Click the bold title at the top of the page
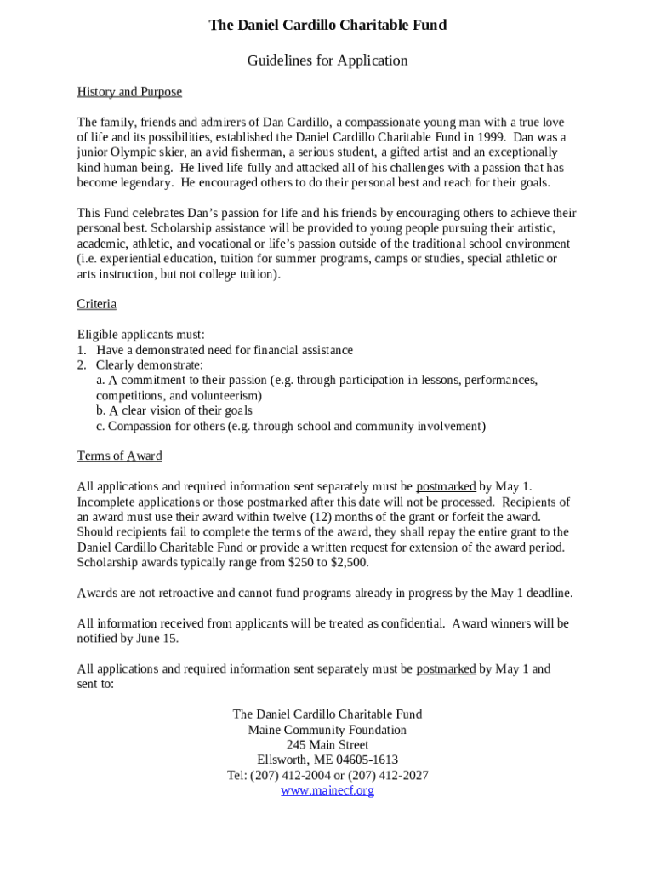pyautogui.click(x=327, y=26)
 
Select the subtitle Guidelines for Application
pyautogui.click(x=327, y=60)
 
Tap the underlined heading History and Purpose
pyautogui.click(x=129, y=92)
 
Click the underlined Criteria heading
pyautogui.click(x=96, y=304)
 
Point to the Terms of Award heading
pyautogui.click(x=119, y=456)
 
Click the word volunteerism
pyautogui.click(x=219, y=396)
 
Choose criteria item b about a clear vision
pyautogui.click(x=174, y=411)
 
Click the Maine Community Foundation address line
pyautogui.click(x=327, y=731)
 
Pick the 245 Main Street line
pyautogui.click(x=327, y=745)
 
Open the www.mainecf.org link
pyautogui.click(x=327, y=791)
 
